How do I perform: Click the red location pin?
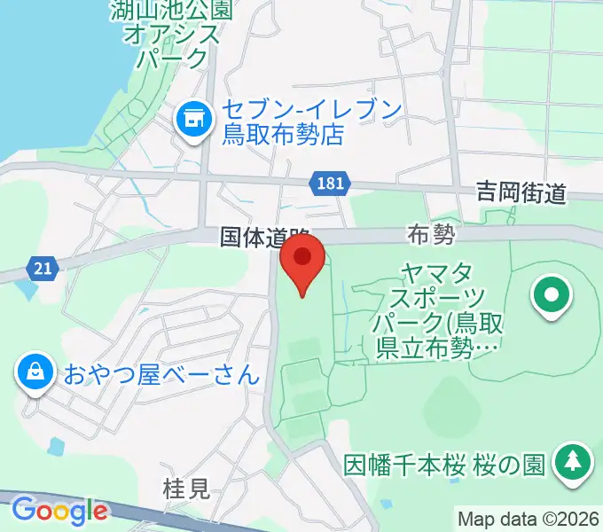[301, 262]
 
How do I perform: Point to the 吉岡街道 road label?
[521, 192]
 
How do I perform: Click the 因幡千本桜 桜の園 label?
[444, 465]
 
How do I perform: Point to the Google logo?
[59, 511]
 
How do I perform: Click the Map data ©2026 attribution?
[529, 518]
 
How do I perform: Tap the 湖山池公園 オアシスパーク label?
[171, 35]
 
